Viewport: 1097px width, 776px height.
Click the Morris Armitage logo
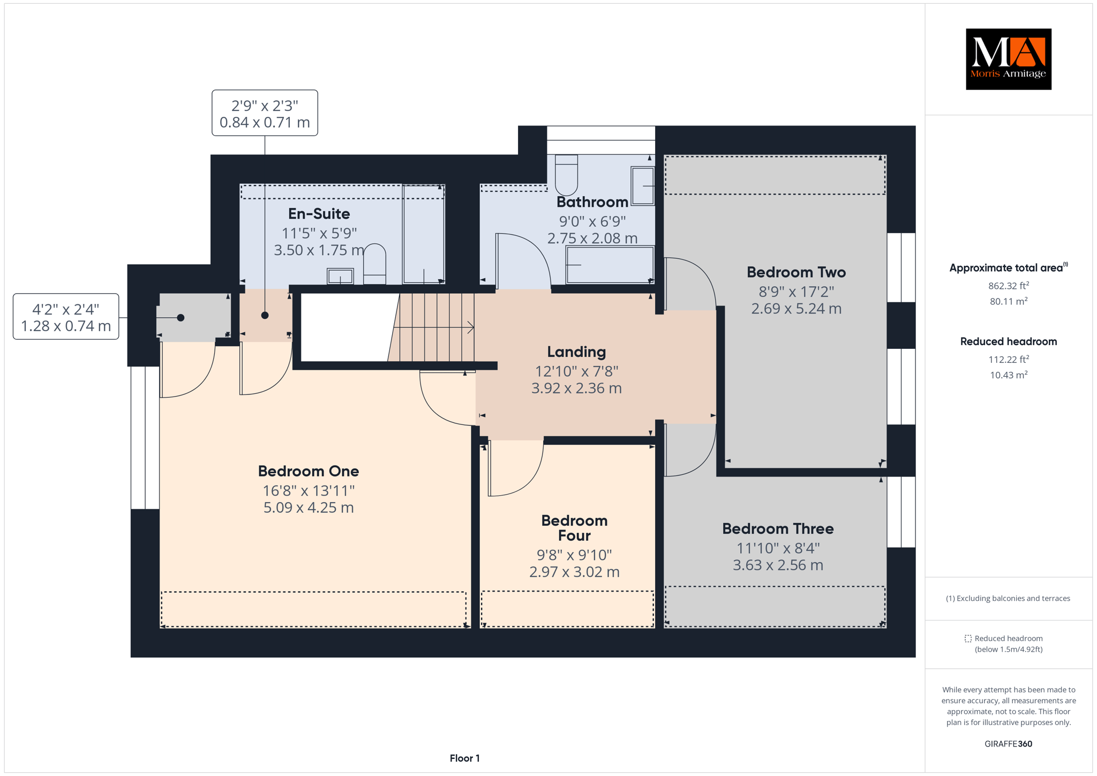(x=1008, y=59)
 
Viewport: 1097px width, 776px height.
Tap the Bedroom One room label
(x=309, y=471)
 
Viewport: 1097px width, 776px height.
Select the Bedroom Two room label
(x=796, y=272)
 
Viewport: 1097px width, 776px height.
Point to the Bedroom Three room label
(x=778, y=529)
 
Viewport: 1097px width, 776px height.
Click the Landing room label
(x=576, y=352)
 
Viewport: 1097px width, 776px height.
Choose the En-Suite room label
(x=319, y=214)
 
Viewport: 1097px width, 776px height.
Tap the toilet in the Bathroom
(x=566, y=175)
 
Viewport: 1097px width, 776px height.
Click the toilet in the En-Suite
(x=374, y=264)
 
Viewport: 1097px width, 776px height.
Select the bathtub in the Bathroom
(x=610, y=265)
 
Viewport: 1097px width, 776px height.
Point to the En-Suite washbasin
(x=340, y=276)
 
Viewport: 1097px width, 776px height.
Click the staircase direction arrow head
(x=471, y=327)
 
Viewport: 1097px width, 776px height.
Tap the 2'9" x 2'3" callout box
(x=265, y=113)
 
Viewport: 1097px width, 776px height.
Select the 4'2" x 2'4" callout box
(x=66, y=317)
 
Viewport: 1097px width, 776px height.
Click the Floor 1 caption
(x=465, y=758)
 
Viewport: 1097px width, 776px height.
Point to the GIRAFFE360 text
(x=1008, y=744)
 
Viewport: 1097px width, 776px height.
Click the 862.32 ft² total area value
(x=1008, y=286)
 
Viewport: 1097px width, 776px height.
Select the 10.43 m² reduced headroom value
(x=1008, y=375)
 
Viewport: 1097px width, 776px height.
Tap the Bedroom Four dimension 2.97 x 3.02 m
(x=574, y=572)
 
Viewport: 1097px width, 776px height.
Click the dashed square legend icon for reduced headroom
(x=968, y=638)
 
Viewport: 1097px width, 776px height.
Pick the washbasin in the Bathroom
(x=643, y=186)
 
